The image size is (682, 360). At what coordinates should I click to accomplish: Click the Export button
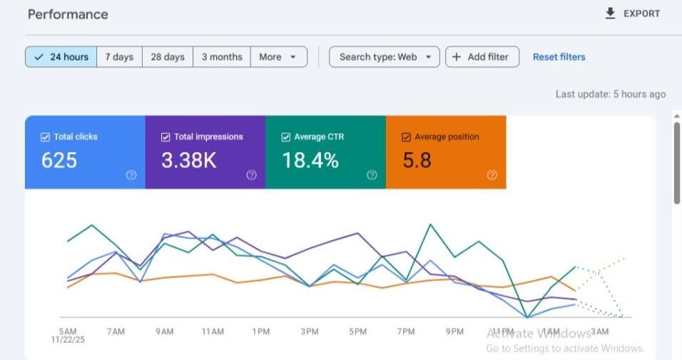click(632, 14)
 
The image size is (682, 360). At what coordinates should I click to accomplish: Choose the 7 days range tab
click(119, 57)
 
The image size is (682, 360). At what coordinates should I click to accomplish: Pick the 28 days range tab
click(167, 57)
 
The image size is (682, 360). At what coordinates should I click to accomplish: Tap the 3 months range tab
click(222, 57)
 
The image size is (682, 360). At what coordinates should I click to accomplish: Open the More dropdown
click(278, 57)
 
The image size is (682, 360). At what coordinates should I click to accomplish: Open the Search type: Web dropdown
click(384, 57)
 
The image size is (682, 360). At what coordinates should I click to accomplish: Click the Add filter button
click(482, 57)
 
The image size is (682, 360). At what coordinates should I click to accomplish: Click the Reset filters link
click(559, 57)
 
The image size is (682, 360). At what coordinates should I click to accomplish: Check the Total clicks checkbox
click(46, 137)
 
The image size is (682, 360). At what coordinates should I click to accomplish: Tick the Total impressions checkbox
click(166, 137)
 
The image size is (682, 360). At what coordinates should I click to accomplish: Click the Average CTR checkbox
click(286, 137)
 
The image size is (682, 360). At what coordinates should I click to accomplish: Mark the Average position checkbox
click(407, 137)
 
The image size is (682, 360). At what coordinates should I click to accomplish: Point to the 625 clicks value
click(59, 160)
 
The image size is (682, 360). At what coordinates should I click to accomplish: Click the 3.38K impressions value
click(188, 160)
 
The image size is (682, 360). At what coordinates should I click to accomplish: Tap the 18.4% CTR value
click(310, 160)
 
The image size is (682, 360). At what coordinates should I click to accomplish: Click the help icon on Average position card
click(492, 175)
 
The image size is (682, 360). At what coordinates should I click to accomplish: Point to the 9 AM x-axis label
click(164, 331)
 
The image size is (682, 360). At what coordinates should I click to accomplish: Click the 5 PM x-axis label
click(357, 331)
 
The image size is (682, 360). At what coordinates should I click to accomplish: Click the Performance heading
click(68, 14)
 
